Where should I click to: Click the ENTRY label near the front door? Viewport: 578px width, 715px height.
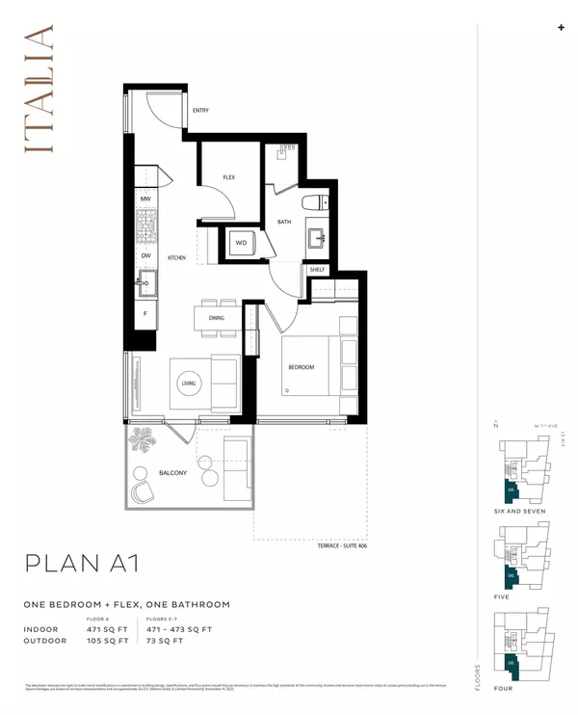click(200, 111)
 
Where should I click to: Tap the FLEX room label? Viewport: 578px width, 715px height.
click(229, 177)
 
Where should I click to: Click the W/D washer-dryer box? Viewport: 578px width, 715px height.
click(241, 243)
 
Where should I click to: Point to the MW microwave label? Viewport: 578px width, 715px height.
click(145, 199)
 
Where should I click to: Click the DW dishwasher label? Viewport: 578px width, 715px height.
click(145, 255)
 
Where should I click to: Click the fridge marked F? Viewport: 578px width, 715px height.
click(145, 313)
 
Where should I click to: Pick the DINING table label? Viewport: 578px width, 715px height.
click(216, 318)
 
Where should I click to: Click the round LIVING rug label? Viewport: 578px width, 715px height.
click(188, 383)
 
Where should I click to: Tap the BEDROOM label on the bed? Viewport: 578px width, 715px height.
click(301, 367)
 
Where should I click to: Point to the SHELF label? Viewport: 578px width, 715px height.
click(318, 270)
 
